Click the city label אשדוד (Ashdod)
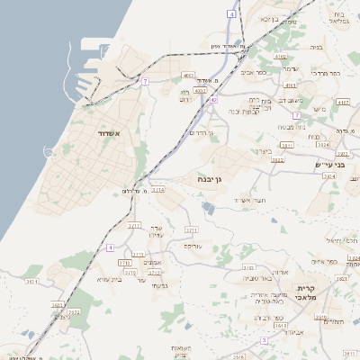point(103,132)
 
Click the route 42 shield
point(213,101)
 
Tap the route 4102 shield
point(281,56)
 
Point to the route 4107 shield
point(343,103)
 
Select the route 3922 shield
point(277,160)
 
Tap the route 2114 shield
point(158,190)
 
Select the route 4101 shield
point(201,91)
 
